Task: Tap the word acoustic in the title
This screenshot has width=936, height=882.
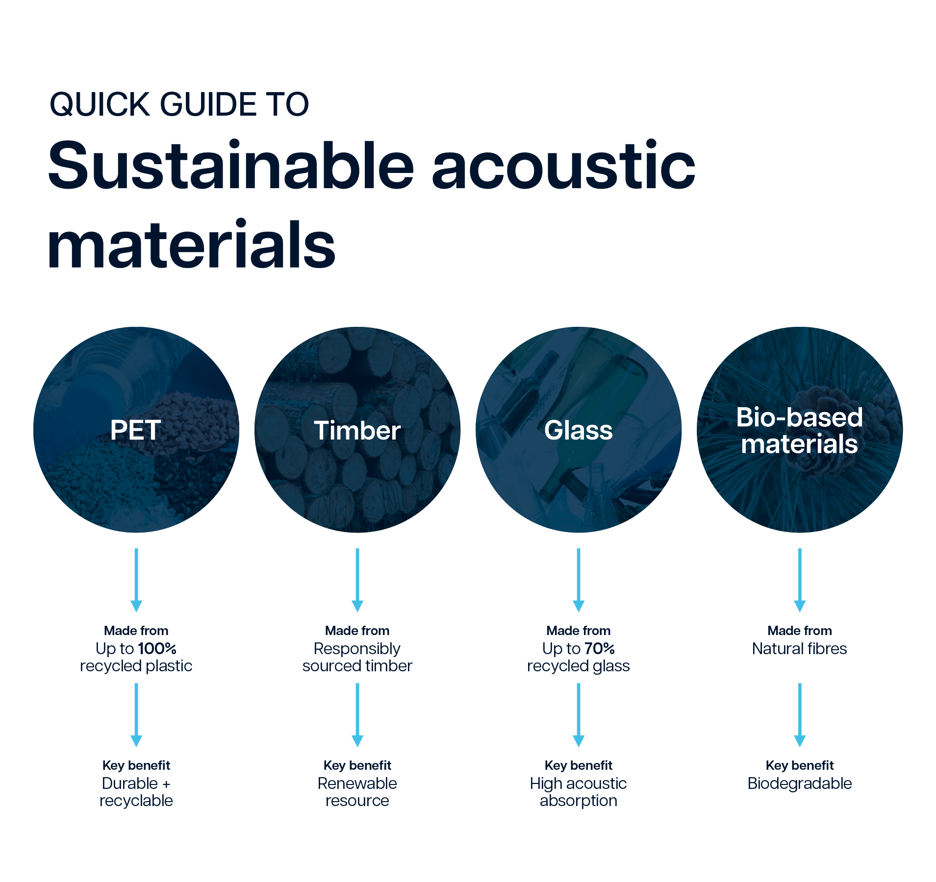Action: point(563,165)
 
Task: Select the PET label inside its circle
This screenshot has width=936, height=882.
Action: point(136,430)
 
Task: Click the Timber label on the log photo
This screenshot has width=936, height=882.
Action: point(357,430)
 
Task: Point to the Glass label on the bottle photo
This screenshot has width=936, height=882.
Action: point(579,430)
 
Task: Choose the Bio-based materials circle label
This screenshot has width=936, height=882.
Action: point(800,431)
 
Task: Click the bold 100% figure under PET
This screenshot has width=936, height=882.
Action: point(157,648)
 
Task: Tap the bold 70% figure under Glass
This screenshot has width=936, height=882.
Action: point(600,648)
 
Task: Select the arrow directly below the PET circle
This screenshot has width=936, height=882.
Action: point(136,580)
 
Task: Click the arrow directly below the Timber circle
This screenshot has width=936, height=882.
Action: point(357,580)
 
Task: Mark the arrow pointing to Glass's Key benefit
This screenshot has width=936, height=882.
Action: point(579,715)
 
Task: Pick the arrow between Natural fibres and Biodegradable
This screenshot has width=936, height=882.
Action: point(800,715)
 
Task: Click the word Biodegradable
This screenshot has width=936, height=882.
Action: point(800,784)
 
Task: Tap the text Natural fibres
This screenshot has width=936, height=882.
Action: point(800,648)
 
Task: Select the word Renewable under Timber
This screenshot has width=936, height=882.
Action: point(357,783)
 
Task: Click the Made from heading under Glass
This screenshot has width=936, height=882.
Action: point(579,631)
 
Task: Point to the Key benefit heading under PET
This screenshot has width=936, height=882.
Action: point(136,765)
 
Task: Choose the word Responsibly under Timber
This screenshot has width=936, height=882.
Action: point(357,649)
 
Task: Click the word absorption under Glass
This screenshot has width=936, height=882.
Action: point(579,801)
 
